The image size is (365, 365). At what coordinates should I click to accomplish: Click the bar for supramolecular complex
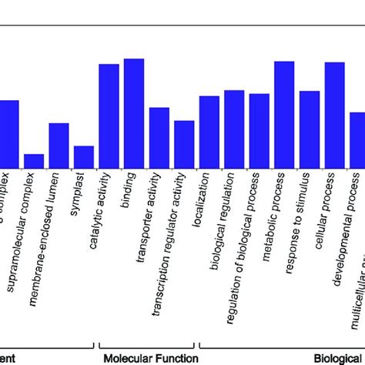click(34, 160)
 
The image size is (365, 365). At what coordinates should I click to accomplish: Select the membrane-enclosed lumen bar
click(59, 145)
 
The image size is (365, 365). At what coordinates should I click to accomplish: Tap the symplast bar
click(84, 156)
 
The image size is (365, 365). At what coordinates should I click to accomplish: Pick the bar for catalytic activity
click(109, 116)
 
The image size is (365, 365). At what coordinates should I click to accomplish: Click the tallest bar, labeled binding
click(134, 112)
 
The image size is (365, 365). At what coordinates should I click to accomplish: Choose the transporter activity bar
click(159, 137)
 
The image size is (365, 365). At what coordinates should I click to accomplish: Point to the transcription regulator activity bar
click(184, 143)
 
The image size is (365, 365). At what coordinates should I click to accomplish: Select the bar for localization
click(209, 131)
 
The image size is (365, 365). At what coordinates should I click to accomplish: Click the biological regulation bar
click(234, 129)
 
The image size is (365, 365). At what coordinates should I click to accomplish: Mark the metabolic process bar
click(284, 114)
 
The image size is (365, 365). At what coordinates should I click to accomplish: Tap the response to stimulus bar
click(309, 129)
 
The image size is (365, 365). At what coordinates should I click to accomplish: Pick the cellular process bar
click(334, 115)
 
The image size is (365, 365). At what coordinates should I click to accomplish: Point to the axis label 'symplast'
click(79, 192)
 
